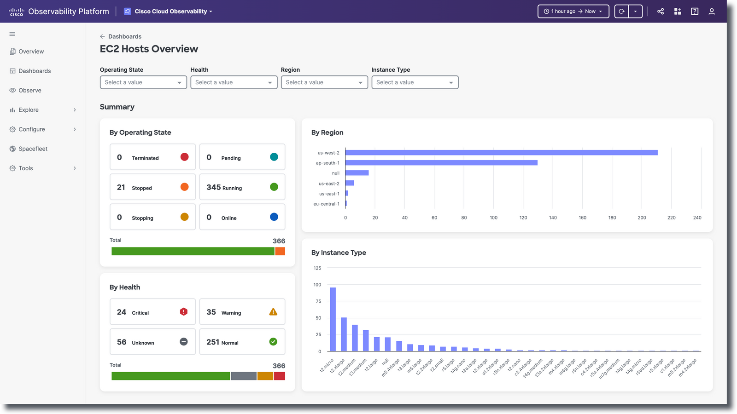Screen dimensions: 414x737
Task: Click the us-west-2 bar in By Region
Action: [501, 153]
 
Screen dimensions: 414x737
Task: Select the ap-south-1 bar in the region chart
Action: [441, 163]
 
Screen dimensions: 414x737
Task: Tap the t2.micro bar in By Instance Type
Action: [333, 319]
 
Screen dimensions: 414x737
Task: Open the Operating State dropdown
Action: [143, 82]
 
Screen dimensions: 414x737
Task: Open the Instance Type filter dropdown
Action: [415, 82]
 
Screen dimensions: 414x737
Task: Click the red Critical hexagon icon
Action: [184, 312]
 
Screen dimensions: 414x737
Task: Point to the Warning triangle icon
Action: [273, 312]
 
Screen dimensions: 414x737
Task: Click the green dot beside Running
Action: [274, 187]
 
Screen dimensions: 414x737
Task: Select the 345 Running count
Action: [214, 187]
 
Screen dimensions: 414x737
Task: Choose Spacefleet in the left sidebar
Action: [33, 149]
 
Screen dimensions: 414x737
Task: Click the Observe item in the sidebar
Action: [30, 90]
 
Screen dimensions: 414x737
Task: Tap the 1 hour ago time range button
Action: [573, 11]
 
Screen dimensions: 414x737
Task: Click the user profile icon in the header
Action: [711, 11]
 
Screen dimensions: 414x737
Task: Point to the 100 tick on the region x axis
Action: [493, 218]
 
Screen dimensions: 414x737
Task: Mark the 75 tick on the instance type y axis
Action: [318, 301]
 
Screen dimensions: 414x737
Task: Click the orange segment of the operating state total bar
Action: [280, 251]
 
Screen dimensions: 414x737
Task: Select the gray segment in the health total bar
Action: [244, 376]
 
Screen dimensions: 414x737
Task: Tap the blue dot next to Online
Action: [274, 217]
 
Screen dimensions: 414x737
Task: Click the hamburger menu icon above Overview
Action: [12, 34]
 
